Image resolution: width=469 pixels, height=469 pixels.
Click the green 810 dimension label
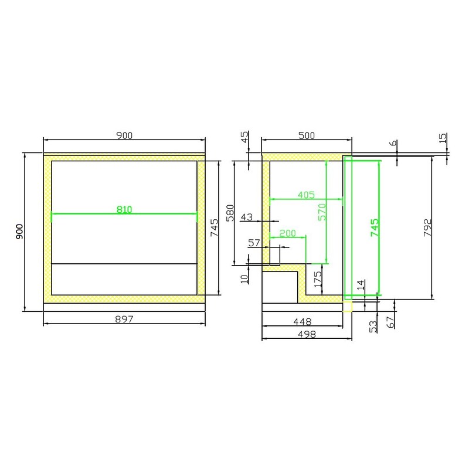coord(124,209)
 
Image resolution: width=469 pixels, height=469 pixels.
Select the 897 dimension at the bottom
coord(124,320)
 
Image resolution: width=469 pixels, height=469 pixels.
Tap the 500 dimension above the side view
coord(307,136)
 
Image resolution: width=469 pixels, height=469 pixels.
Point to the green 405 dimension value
coord(306,195)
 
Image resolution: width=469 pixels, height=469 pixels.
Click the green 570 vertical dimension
coord(322,212)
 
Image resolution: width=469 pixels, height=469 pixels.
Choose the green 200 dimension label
coord(287,233)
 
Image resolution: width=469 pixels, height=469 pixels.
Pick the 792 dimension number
coord(428,228)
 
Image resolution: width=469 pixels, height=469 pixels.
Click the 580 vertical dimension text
coord(230,213)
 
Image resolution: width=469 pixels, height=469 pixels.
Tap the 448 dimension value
coord(303,322)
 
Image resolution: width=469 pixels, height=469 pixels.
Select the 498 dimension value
coord(307,334)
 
